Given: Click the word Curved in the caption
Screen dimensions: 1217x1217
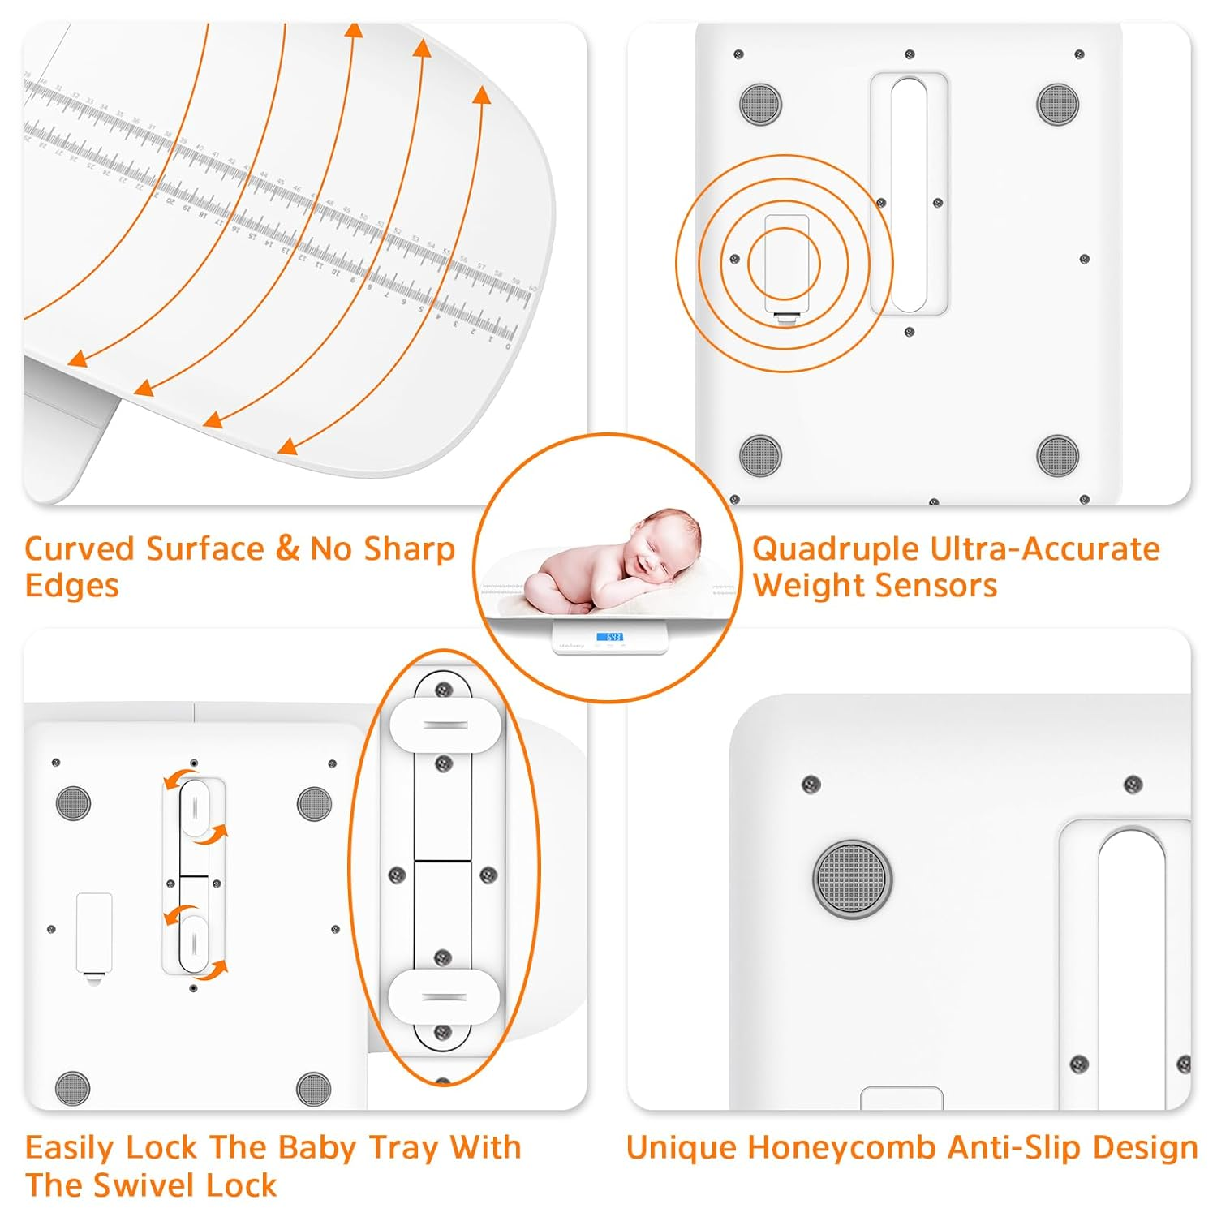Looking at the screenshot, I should (79, 549).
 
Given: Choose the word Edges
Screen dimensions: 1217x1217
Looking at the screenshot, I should (71, 586).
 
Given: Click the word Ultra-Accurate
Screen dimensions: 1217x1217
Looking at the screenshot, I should (1045, 550).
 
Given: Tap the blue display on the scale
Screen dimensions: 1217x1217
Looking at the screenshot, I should (609, 637).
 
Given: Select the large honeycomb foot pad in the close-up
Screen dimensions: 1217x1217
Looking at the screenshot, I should (852, 879).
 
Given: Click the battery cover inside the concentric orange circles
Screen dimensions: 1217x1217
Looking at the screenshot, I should (785, 264).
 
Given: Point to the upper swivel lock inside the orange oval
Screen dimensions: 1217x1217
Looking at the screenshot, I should (445, 724).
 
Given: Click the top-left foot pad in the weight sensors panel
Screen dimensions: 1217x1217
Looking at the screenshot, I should (760, 104).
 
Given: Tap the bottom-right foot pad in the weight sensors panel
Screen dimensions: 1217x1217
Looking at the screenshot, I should (1058, 455).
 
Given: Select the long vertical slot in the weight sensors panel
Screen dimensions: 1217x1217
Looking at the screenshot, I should (909, 195).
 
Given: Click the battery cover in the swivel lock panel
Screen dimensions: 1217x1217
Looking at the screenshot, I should (94, 933).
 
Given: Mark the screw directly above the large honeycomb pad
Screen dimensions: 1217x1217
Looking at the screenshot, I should (811, 784).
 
